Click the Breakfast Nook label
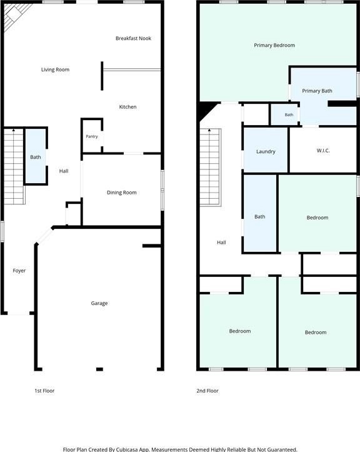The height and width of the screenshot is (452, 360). click(133, 38)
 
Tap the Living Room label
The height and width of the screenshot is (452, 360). click(55, 69)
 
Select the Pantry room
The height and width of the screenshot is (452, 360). click(92, 136)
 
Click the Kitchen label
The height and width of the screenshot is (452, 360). click(127, 107)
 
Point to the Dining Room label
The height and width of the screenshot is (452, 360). click(122, 193)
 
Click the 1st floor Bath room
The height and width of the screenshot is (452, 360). click(36, 156)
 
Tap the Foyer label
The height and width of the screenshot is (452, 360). click(19, 271)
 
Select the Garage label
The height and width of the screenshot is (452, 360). click(99, 303)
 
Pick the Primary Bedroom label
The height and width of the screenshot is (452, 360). click(274, 45)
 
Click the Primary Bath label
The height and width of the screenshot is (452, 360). click(317, 91)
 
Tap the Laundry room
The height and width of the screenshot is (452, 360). click(266, 150)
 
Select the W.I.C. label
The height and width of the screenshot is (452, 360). click(323, 151)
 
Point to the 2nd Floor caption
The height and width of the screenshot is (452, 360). click(207, 391)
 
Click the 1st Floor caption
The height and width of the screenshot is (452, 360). click(44, 391)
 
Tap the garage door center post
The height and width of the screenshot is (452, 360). click(99, 369)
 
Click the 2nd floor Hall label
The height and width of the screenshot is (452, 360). click(221, 243)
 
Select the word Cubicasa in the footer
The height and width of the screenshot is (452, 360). click(126, 449)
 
